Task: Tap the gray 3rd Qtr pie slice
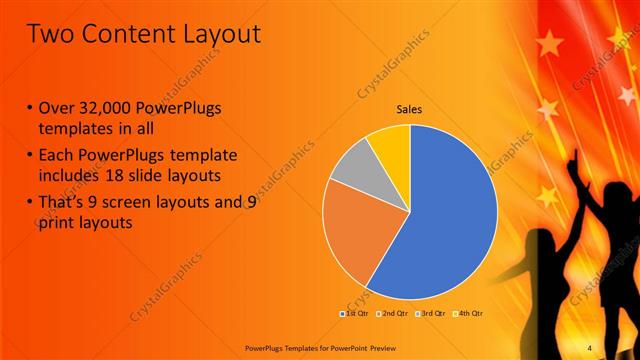(x=351, y=168)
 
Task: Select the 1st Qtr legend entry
(x=355, y=313)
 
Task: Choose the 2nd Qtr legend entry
(x=391, y=313)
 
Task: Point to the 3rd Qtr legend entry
(x=429, y=313)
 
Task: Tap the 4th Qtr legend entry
(x=467, y=313)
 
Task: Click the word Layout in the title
(x=214, y=34)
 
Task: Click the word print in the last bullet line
(x=58, y=224)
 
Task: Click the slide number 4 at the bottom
(x=590, y=347)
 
